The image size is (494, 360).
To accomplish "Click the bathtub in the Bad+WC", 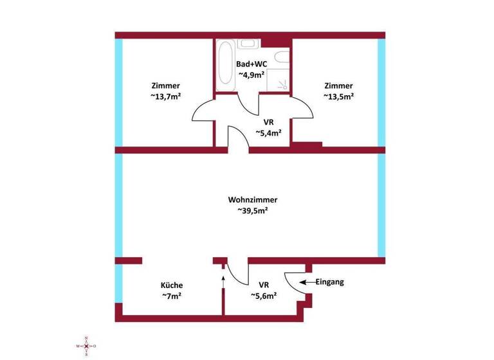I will tap(226, 66).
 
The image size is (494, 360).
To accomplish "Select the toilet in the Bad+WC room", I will tap(281, 58).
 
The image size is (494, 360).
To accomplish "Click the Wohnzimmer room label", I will tap(248, 199).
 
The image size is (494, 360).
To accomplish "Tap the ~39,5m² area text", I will tap(248, 210).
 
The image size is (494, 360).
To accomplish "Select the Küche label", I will tap(172, 285).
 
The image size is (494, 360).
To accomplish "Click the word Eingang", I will tap(331, 282).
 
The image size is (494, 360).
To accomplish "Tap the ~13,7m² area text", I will tap(165, 96).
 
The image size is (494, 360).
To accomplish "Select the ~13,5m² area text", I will tap(338, 96).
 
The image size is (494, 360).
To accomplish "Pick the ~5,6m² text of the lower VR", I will tap(264, 296).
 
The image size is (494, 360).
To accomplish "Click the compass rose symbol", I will tap(86, 346).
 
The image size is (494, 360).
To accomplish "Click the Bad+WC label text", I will tap(252, 64).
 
